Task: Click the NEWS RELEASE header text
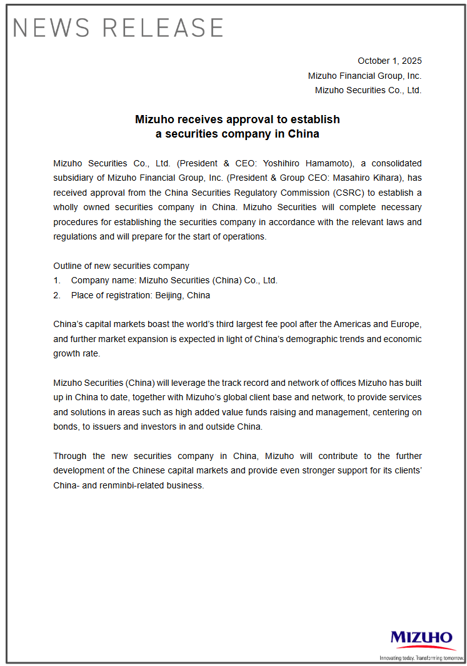[x=118, y=28]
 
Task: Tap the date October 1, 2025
[x=389, y=61]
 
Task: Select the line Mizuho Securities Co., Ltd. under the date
[x=368, y=90]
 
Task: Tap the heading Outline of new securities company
[x=121, y=266]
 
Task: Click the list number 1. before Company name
[x=57, y=281]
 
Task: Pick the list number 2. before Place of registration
[x=57, y=295]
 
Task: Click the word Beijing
[x=171, y=295]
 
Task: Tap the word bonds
[x=66, y=426]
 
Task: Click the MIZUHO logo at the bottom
[x=421, y=638]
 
